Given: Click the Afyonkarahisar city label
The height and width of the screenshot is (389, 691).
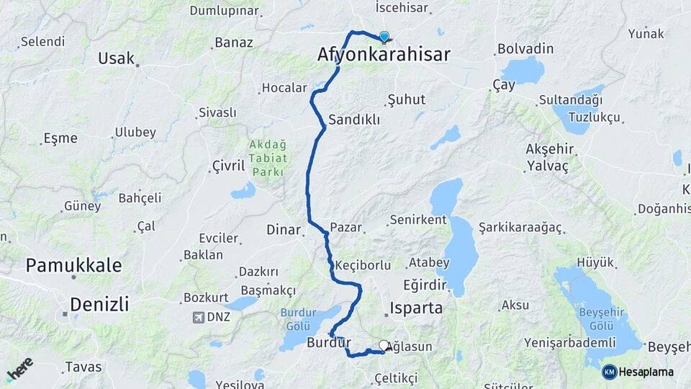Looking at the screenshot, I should [384, 55].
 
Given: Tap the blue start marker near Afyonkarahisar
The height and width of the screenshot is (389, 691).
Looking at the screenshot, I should [384, 37].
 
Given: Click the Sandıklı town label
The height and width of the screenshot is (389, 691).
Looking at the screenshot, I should [354, 120].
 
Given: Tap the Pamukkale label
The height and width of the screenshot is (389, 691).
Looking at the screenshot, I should [73, 265].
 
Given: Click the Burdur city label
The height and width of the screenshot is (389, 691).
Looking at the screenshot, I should [328, 342].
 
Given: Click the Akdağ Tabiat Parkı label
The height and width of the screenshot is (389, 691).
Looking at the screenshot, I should [268, 158].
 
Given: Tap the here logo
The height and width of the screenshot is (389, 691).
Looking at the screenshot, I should [19, 369].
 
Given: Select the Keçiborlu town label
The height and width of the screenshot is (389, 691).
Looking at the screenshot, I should [363, 264].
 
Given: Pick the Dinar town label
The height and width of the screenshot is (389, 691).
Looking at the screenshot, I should [283, 230].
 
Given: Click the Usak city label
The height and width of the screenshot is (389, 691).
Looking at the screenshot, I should [117, 58].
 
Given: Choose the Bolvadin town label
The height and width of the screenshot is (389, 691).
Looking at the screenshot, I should [525, 49].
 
